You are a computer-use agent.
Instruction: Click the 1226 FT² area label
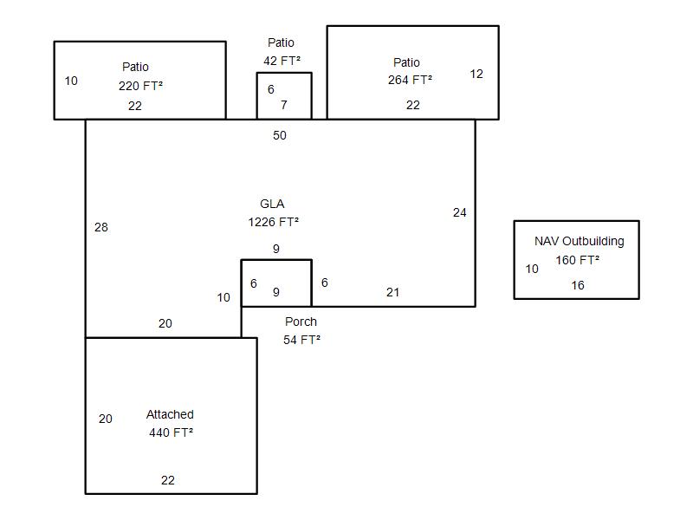(273, 222)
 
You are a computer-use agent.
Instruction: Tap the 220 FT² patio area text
(140, 86)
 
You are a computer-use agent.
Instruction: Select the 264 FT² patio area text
(410, 80)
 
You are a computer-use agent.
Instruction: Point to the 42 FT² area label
(282, 61)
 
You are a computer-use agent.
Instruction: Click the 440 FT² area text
(171, 432)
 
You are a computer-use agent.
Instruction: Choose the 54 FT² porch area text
(301, 340)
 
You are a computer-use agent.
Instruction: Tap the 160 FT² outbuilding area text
(578, 260)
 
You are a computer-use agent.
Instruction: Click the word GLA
(272, 204)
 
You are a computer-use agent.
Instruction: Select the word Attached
(170, 414)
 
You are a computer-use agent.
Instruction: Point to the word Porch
(301, 322)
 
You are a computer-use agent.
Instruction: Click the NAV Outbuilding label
(579, 242)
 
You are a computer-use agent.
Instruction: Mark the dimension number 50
(280, 135)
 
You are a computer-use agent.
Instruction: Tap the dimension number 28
(101, 228)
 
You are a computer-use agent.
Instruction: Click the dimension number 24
(460, 212)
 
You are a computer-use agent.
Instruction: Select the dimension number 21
(392, 292)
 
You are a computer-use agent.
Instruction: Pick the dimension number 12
(476, 74)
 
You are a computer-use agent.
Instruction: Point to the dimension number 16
(578, 285)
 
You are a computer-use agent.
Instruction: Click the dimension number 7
(284, 105)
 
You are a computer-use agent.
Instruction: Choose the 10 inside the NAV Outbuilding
(532, 269)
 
